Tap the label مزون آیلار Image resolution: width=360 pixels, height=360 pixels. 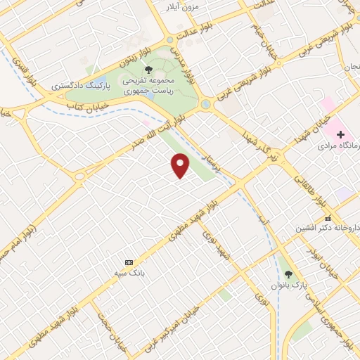click(181, 7)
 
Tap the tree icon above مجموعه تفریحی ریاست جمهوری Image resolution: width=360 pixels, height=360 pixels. click(148, 70)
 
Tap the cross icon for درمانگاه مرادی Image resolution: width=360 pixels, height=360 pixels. click(341, 134)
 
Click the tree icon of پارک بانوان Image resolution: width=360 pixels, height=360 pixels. click(288, 274)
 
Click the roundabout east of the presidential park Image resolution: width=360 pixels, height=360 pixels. click(207, 105)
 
